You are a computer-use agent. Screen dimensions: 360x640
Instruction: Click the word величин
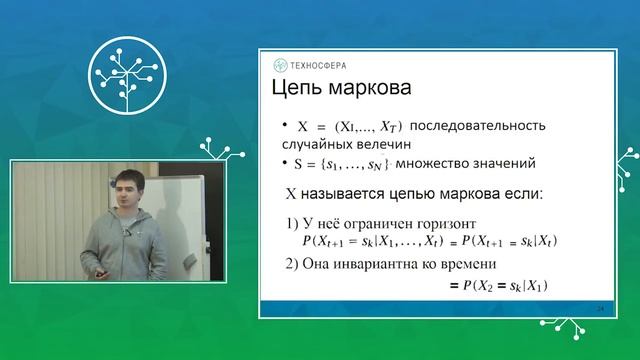point(416,145)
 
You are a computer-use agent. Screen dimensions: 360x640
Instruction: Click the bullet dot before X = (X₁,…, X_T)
point(286,127)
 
